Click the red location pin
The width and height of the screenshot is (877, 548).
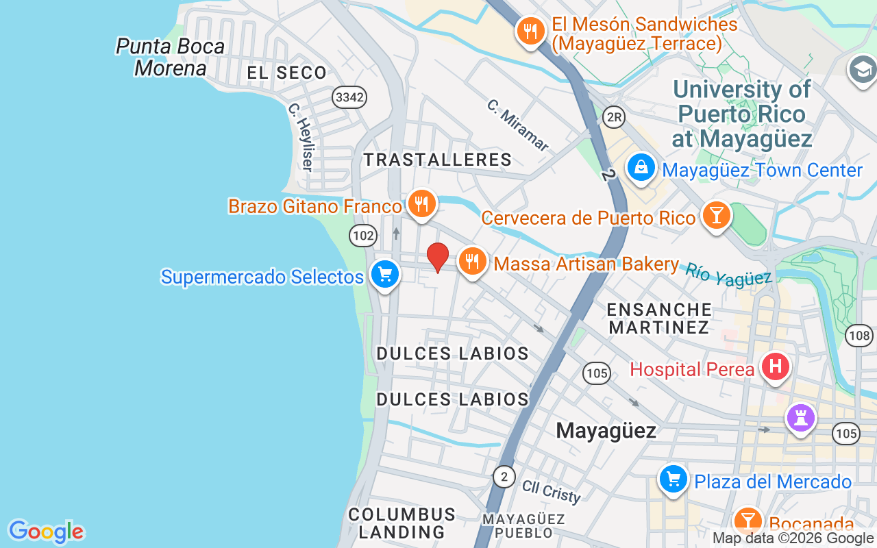(438, 257)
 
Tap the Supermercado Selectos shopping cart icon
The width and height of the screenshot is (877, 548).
(385, 275)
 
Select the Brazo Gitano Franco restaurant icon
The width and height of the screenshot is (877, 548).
(421, 204)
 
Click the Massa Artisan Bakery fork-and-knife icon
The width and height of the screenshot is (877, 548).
(471, 262)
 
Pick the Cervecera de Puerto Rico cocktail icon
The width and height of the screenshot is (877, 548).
(717, 216)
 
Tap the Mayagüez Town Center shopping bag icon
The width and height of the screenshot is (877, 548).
(641, 168)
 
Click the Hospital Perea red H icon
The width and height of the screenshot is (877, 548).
(776, 367)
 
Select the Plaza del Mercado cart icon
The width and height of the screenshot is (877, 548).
(674, 480)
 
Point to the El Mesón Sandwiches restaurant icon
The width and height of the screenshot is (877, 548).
(530, 32)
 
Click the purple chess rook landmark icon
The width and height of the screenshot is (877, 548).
(801, 417)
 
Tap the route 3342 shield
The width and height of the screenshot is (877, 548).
(349, 97)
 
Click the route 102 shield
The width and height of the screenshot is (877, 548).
(362, 236)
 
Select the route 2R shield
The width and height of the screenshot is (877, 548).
(614, 117)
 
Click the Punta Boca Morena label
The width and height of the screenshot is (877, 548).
(171, 57)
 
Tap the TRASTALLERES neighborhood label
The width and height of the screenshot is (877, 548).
(438, 160)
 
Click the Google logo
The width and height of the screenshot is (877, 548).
(46, 532)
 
